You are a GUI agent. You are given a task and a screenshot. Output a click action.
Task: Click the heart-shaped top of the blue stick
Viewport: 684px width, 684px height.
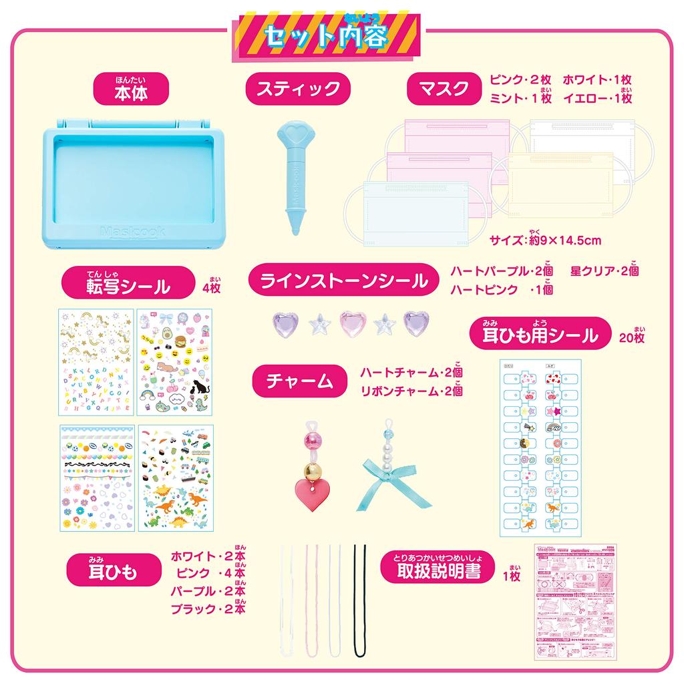click(291, 134)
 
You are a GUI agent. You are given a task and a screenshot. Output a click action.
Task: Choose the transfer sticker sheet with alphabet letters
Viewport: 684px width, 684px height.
click(96, 363)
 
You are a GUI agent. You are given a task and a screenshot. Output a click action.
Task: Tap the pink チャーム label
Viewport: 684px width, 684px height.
click(300, 381)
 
